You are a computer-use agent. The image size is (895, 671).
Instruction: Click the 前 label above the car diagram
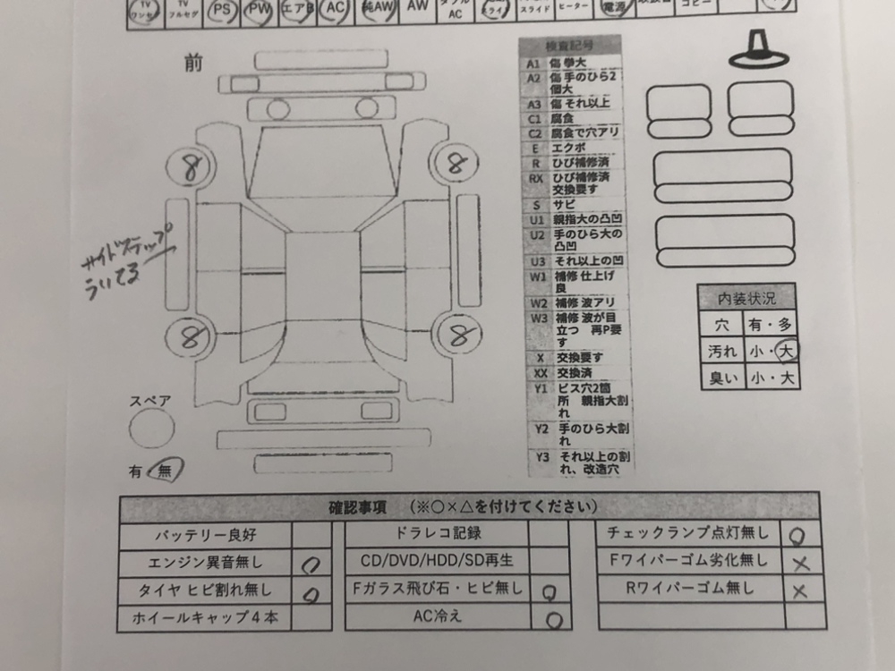click(x=193, y=64)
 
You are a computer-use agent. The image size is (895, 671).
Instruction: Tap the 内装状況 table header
click(x=747, y=299)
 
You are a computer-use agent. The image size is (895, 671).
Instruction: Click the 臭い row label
click(x=722, y=378)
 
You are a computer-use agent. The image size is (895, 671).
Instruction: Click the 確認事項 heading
click(x=357, y=507)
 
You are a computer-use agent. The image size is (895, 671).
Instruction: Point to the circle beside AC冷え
click(x=553, y=618)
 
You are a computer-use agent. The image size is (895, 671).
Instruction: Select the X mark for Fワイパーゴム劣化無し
click(x=800, y=563)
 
